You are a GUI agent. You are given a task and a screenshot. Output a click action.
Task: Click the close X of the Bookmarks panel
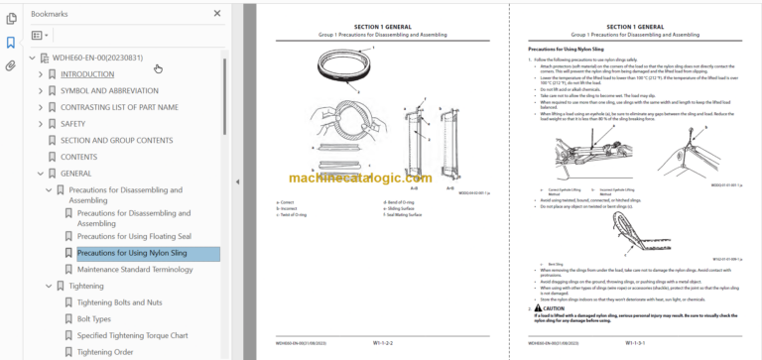[x=217, y=14]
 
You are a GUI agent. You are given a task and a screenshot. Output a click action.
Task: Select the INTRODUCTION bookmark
[x=87, y=73]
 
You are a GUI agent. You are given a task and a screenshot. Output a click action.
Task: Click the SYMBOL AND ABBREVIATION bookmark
[x=108, y=90]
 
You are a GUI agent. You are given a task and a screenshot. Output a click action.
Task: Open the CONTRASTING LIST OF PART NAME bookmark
[x=119, y=107]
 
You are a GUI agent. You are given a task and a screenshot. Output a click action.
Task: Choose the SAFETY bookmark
[x=72, y=124]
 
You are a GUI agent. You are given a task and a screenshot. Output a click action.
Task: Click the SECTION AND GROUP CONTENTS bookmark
[x=116, y=140]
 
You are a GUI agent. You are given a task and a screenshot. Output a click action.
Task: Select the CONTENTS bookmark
[x=78, y=157]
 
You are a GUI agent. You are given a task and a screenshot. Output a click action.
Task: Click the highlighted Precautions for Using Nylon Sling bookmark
[x=132, y=253]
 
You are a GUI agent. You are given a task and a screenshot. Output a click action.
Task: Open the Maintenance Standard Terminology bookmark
[x=135, y=269]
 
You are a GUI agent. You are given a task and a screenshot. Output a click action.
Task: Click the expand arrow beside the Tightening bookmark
[x=48, y=286]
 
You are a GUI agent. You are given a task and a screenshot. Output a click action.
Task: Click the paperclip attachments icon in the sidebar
[x=10, y=65]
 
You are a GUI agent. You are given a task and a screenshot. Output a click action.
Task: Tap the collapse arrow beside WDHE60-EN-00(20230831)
[x=33, y=58]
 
